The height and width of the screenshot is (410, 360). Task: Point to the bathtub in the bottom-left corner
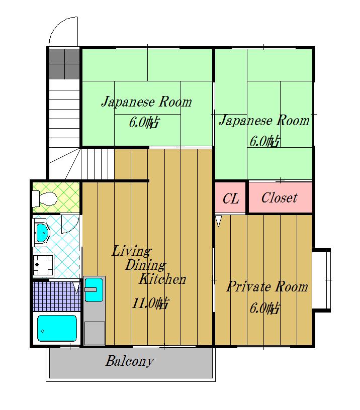point(57,329)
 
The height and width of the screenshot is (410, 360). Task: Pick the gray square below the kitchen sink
point(94,332)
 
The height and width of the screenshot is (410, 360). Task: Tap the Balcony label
point(129,361)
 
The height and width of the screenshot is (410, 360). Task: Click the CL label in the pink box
point(231,198)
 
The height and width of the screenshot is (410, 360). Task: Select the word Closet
point(279,198)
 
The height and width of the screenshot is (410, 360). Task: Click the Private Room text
point(267,287)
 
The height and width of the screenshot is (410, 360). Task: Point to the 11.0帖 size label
point(150,303)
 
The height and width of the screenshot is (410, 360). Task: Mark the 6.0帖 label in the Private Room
point(265,308)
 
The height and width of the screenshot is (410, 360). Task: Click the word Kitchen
point(162,279)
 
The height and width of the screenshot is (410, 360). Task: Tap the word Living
point(131,251)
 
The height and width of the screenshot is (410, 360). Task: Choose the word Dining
point(146,265)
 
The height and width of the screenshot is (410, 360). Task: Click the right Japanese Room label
point(263,121)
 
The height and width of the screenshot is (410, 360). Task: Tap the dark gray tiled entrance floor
point(65,64)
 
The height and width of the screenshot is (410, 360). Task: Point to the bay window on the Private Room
point(322,279)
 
